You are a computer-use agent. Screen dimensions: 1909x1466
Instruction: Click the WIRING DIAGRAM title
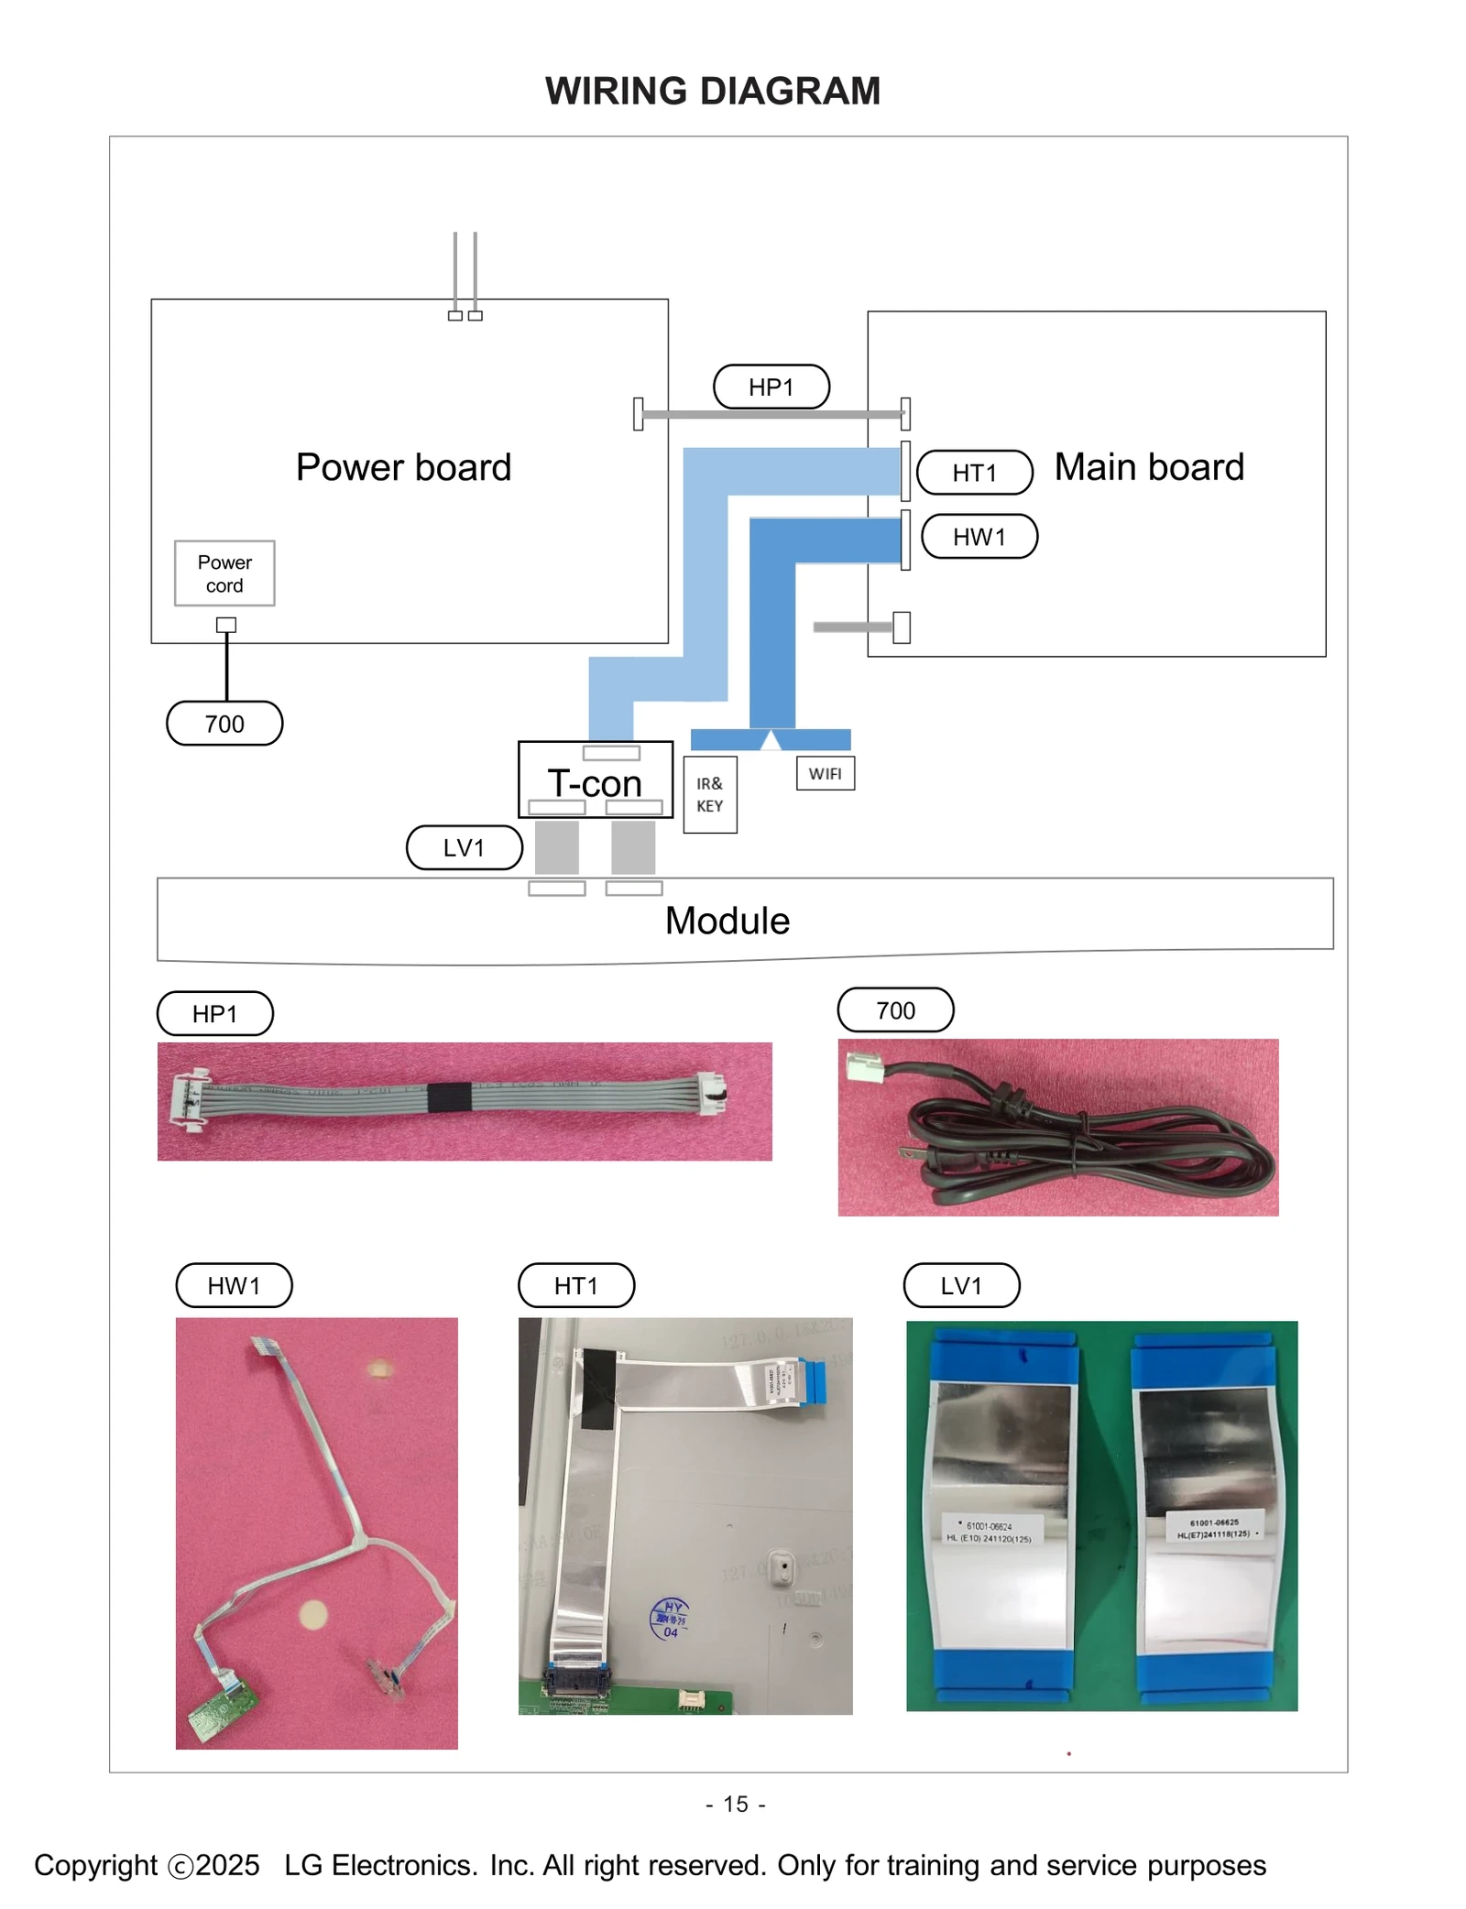coord(712,92)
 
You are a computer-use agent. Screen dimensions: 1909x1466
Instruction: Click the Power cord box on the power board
coord(224,573)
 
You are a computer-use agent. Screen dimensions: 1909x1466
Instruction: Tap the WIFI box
coord(825,773)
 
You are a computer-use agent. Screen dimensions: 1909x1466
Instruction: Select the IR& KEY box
coord(709,794)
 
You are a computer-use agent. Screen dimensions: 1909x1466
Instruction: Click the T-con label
coord(595,784)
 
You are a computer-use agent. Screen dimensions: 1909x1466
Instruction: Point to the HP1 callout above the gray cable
coord(771,387)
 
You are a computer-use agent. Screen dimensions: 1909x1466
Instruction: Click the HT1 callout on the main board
coord(974,473)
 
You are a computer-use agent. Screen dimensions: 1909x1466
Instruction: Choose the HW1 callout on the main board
coord(979,537)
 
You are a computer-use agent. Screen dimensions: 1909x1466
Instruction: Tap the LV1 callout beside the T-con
coord(464,847)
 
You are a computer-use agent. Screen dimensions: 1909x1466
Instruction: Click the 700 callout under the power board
coord(224,724)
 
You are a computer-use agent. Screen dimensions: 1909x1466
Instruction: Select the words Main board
coord(1149,467)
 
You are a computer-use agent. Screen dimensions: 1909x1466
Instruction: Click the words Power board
coord(403,467)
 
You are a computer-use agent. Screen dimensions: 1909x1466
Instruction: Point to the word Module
coord(727,921)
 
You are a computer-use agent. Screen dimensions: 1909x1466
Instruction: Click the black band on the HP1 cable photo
coord(449,1097)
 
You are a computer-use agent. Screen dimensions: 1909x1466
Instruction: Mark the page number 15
coord(736,1804)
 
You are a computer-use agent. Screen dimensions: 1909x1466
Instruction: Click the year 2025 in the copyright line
coord(227,1865)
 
